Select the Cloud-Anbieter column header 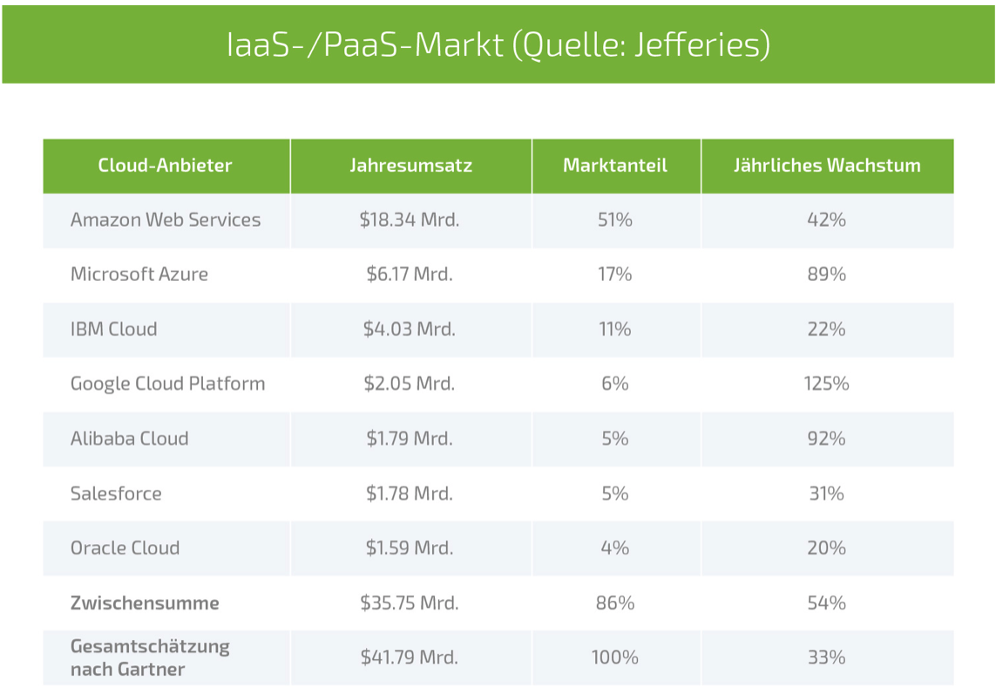click(x=166, y=165)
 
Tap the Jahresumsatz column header click(x=410, y=165)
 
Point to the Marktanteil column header click(x=615, y=165)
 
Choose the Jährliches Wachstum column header click(x=827, y=165)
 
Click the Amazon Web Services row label click(x=166, y=220)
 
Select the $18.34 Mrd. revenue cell click(x=410, y=220)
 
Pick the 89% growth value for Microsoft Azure click(x=826, y=274)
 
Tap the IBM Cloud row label click(x=114, y=329)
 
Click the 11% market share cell click(x=615, y=329)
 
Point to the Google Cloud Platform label click(x=168, y=384)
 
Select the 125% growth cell click(x=826, y=384)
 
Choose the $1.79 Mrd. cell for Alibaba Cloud click(x=410, y=439)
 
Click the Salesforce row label click(x=116, y=494)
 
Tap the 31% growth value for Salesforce click(x=826, y=494)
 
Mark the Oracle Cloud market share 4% click(x=615, y=549)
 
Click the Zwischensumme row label click(x=145, y=603)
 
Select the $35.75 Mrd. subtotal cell click(x=410, y=603)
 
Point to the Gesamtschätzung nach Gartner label click(x=150, y=658)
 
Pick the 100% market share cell click(x=615, y=658)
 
